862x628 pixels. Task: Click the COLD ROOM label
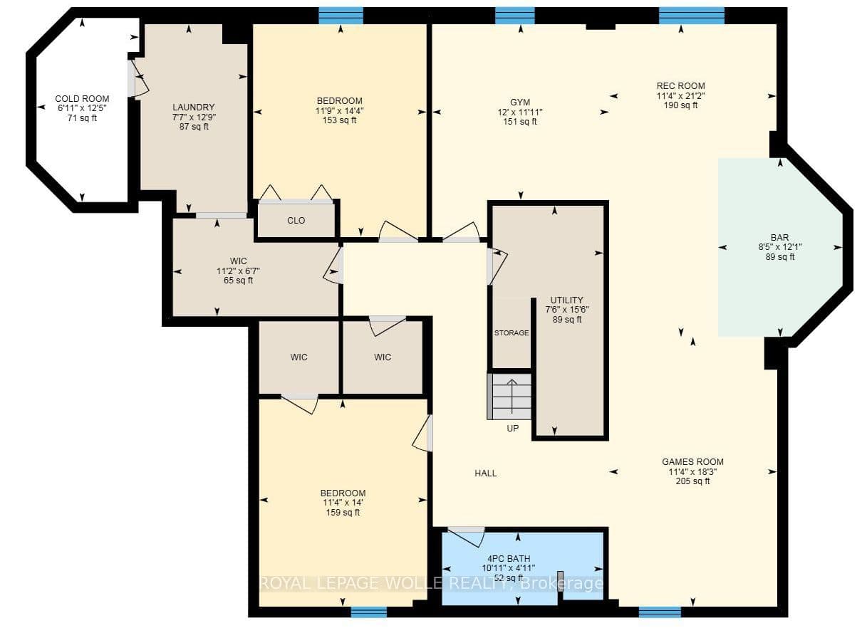(x=82, y=99)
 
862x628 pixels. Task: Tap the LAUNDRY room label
(x=194, y=108)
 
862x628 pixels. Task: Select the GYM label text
(x=520, y=103)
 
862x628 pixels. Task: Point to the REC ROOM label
(x=681, y=85)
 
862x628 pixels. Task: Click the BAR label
(x=779, y=238)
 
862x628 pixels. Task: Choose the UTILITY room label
(x=566, y=300)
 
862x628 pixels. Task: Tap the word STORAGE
(x=512, y=333)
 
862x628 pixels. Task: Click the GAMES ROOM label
(x=692, y=462)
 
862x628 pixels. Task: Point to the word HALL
(x=486, y=473)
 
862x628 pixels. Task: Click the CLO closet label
(x=296, y=221)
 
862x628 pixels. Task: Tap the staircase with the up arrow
(x=509, y=396)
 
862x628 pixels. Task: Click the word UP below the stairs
(x=513, y=429)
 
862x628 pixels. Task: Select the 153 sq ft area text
(x=339, y=120)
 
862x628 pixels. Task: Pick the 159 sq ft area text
(x=343, y=513)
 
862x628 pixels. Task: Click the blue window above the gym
(x=515, y=16)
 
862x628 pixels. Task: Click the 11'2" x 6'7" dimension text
(x=238, y=271)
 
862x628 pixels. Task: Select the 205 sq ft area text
(x=692, y=481)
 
